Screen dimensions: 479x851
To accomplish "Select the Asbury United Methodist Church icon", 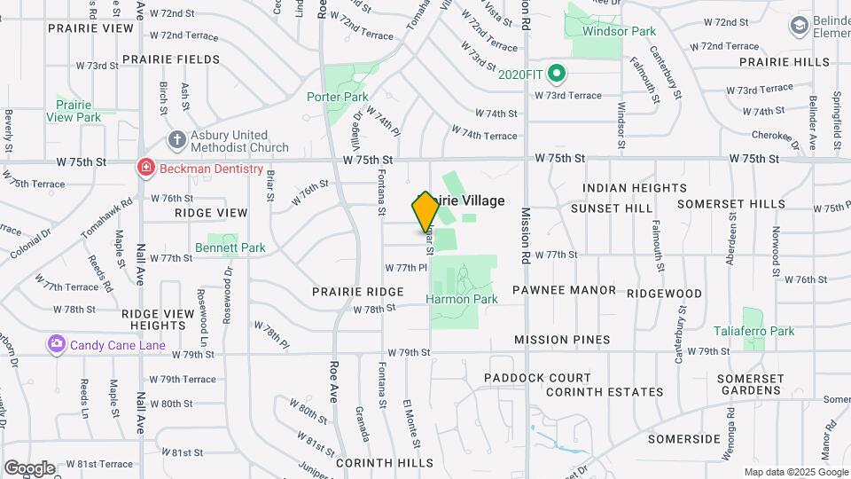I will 177,140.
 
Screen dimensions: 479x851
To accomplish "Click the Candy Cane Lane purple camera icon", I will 57,343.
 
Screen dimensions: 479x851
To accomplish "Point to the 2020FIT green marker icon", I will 557,73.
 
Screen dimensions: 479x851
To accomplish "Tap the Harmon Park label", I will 462,299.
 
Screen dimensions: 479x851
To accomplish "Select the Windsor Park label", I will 619,31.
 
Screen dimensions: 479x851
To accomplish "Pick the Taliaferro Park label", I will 753,331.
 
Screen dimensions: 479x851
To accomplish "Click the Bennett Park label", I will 230,248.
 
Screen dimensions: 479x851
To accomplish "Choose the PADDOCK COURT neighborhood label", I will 537,378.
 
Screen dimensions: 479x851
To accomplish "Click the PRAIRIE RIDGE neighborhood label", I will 358,291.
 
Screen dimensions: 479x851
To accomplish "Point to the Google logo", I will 29,468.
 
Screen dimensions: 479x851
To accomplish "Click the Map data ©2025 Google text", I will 794,472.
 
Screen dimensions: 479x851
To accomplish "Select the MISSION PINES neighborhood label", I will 562,340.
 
